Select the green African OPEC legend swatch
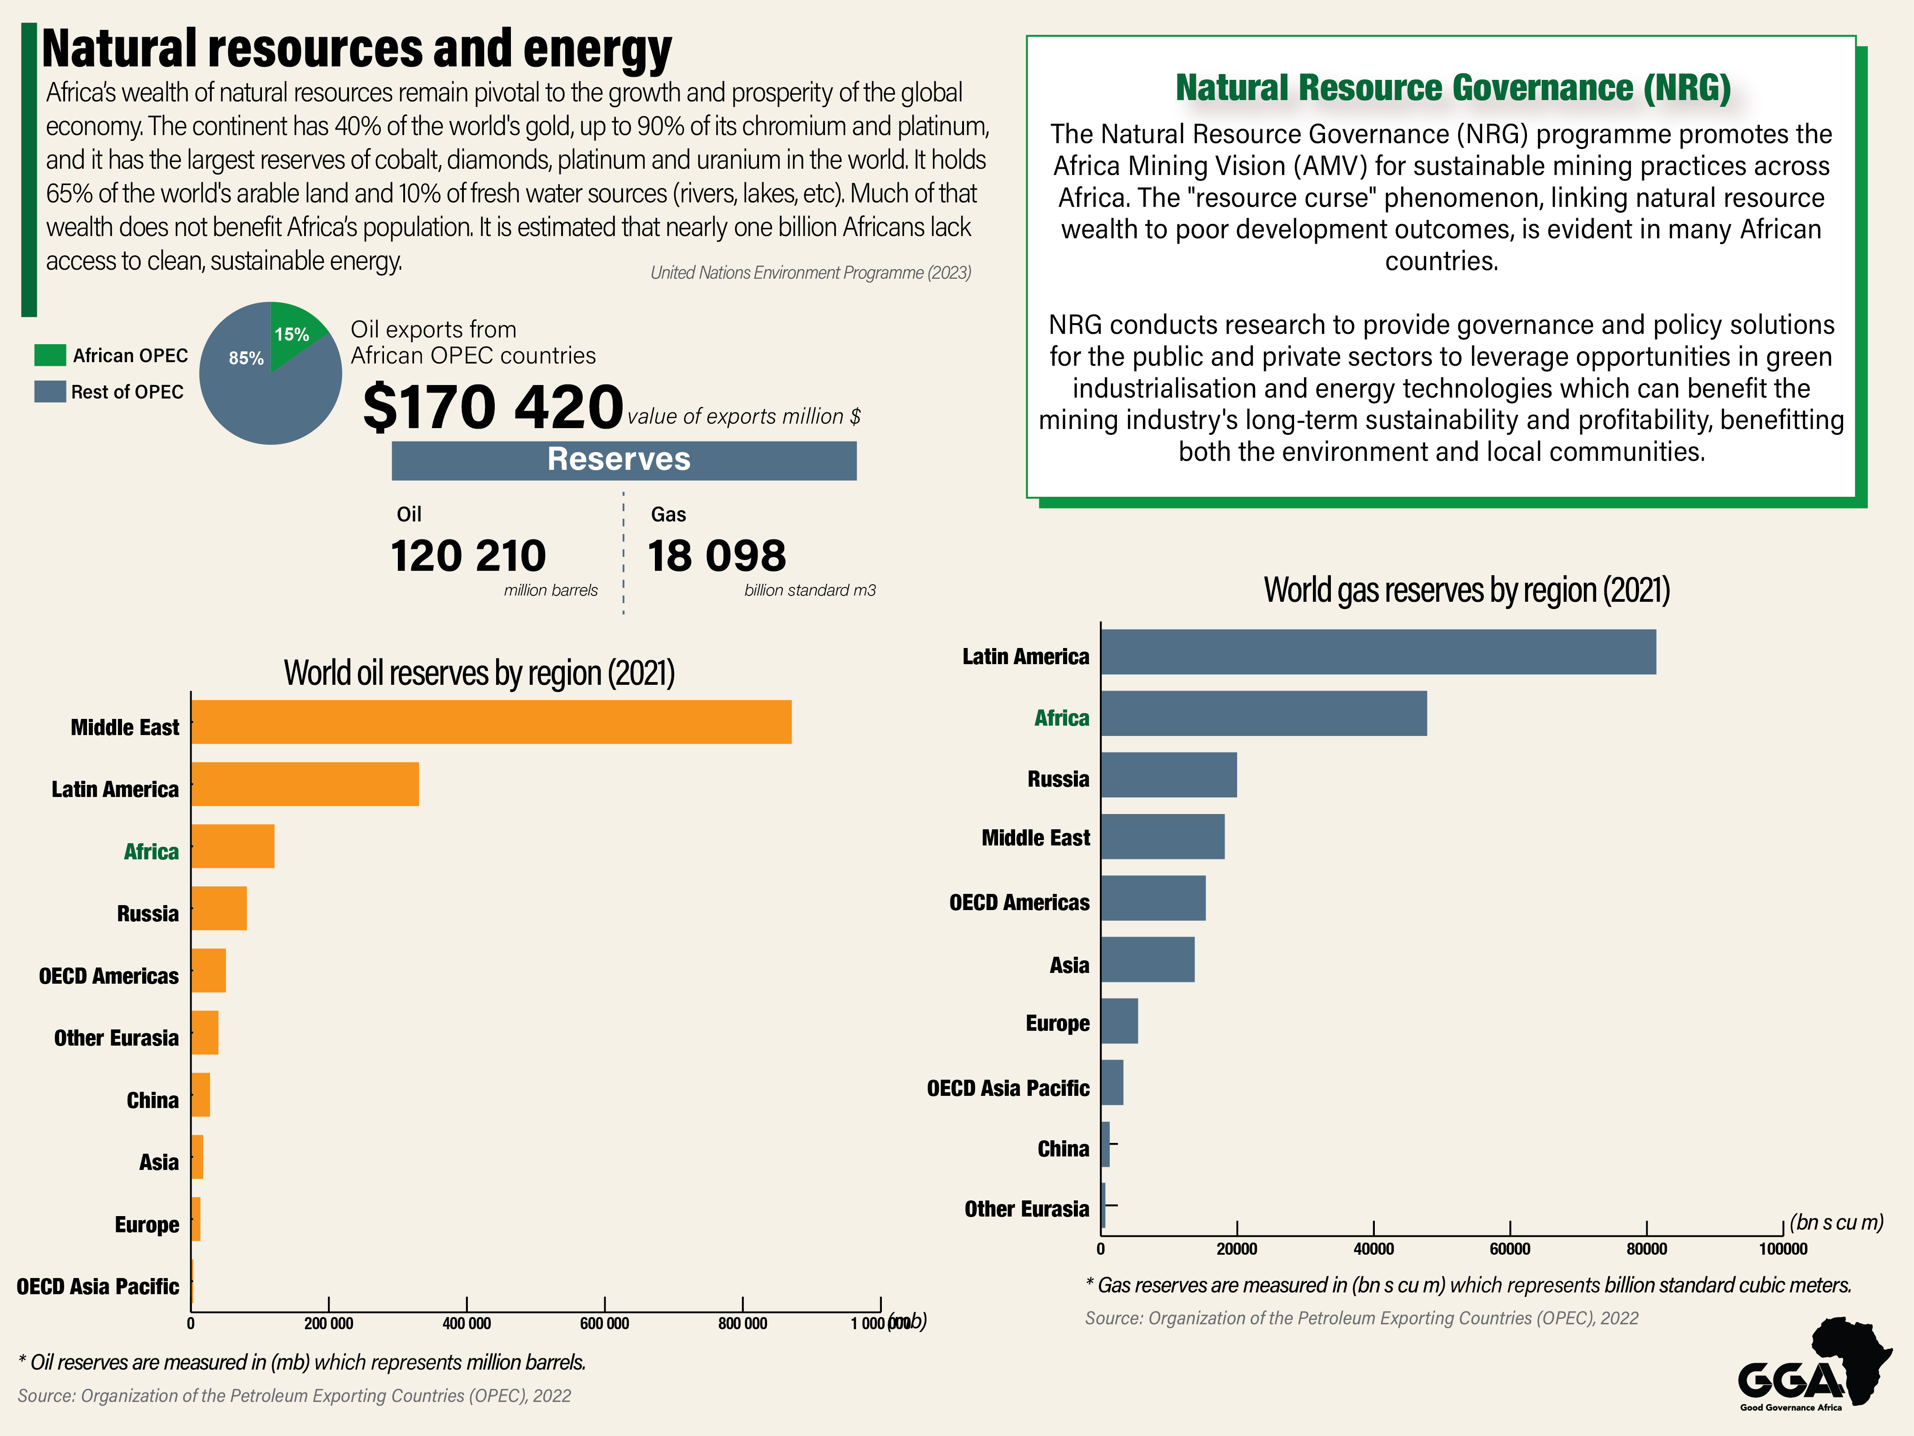50,355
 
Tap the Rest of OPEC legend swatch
50,391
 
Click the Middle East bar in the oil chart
491,722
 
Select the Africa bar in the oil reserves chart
233,846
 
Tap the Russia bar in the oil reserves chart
219,908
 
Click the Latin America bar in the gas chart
1378,652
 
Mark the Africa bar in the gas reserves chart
1263,713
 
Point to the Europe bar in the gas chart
1119,1020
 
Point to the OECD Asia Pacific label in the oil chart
98,1286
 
